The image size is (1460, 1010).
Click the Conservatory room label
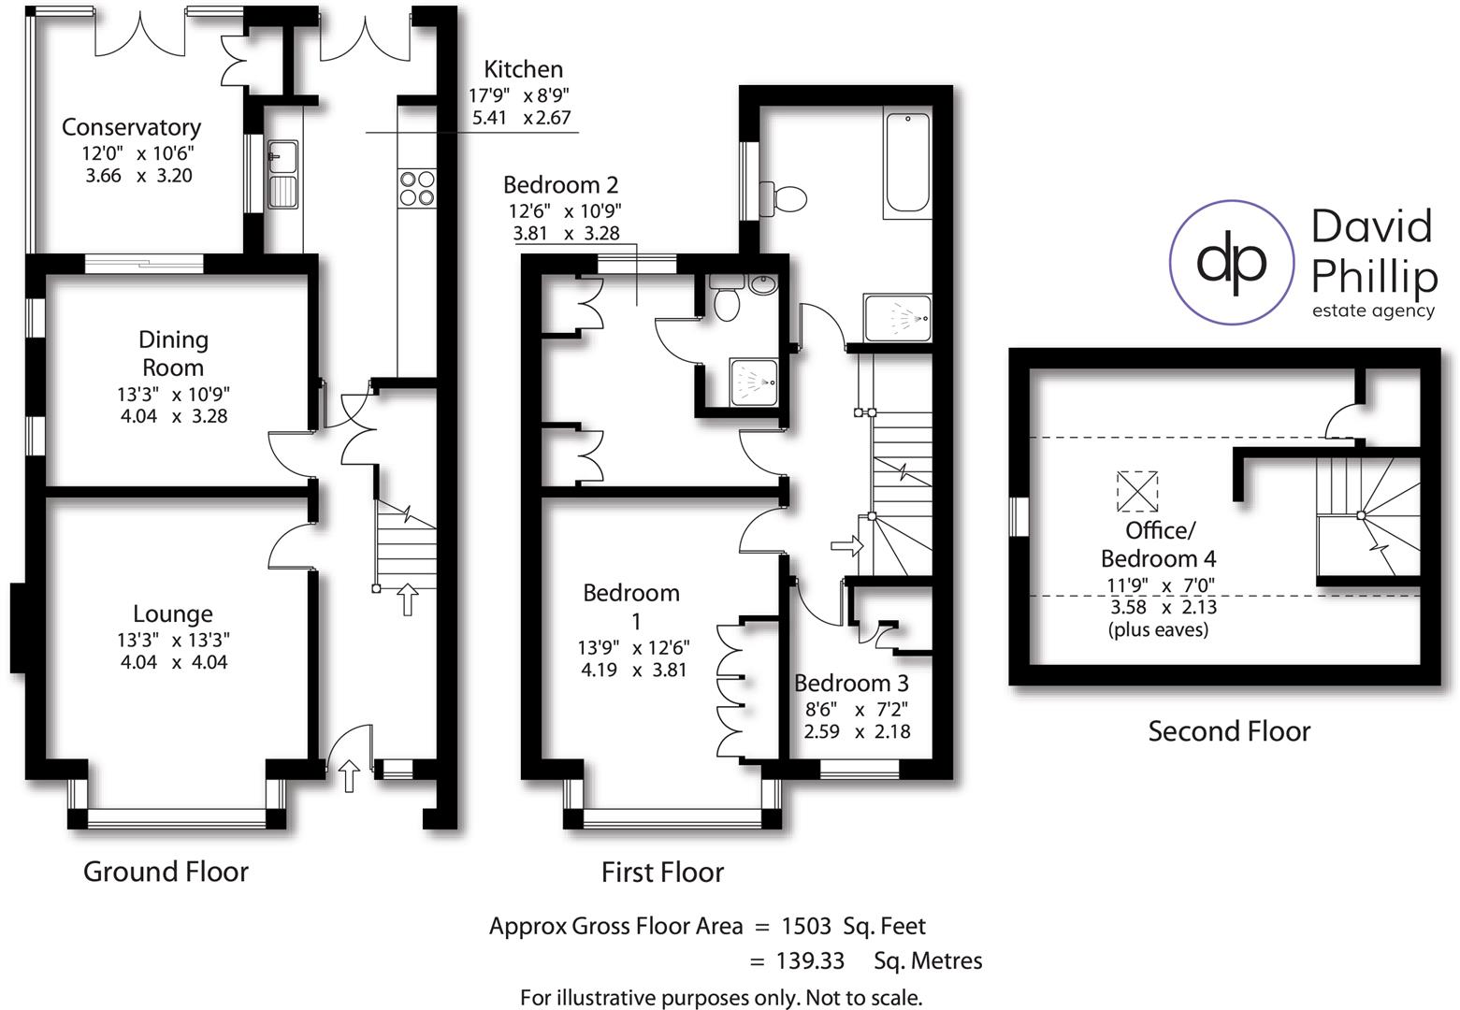(x=131, y=127)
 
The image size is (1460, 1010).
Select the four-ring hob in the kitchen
(x=416, y=187)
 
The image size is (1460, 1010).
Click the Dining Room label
(x=173, y=353)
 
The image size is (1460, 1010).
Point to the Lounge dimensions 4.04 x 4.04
(x=174, y=662)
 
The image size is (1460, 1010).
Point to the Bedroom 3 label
(x=851, y=684)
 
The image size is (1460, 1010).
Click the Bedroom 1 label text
(x=632, y=606)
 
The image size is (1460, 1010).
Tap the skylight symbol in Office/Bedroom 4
(x=1137, y=492)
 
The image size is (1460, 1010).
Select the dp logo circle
(x=1232, y=262)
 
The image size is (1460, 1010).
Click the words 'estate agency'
(x=1372, y=311)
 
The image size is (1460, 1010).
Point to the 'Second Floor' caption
(x=1229, y=731)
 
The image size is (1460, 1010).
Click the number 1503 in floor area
(x=805, y=927)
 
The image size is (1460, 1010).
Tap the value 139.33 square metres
(x=810, y=961)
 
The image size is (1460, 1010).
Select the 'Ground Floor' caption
(x=166, y=872)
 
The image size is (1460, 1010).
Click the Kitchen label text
(x=523, y=69)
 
